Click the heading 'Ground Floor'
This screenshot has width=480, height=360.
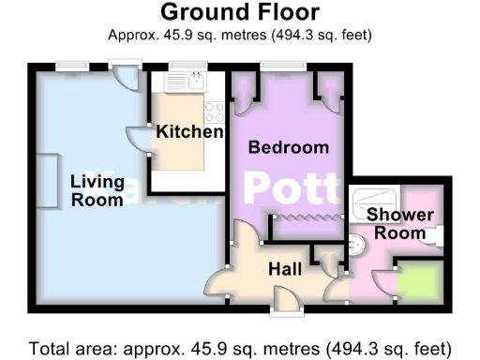click(x=240, y=12)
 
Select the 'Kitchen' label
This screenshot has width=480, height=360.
click(x=189, y=131)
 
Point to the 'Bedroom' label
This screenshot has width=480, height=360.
click(x=288, y=147)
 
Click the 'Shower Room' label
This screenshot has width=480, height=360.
click(x=399, y=224)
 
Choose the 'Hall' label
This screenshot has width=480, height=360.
click(x=285, y=269)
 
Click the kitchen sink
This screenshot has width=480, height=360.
click(x=194, y=82)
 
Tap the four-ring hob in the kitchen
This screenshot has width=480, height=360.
click(x=214, y=112)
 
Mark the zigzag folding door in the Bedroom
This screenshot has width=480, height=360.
click(x=304, y=217)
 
